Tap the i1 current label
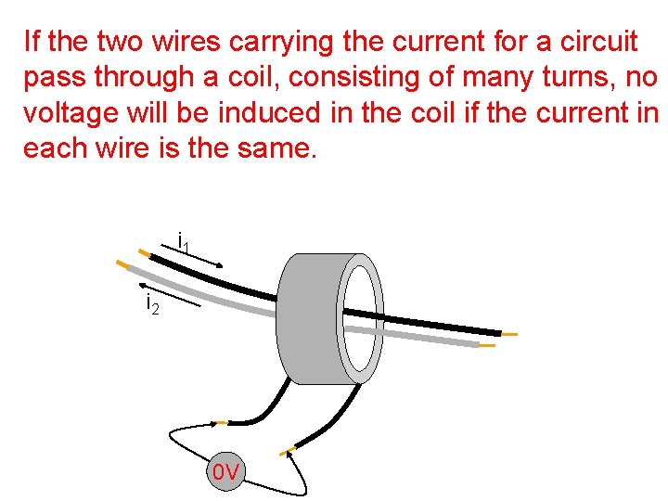point(183,243)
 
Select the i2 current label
point(152,303)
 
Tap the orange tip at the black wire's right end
point(509,334)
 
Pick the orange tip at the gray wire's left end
point(122,263)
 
